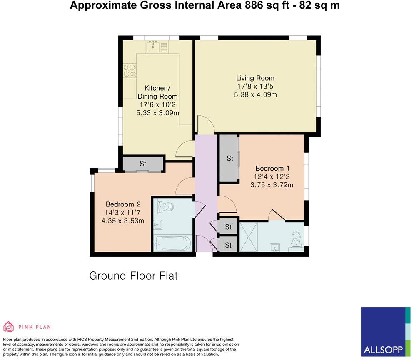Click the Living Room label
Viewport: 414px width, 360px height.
pyautogui.click(x=255, y=78)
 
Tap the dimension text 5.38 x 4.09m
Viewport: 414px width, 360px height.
pyautogui.click(x=255, y=94)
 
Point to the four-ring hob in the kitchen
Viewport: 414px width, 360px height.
pyautogui.click(x=130, y=70)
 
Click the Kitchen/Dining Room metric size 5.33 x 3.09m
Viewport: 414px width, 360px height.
pyautogui.click(x=157, y=113)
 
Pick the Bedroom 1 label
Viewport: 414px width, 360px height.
pyautogui.click(x=272, y=168)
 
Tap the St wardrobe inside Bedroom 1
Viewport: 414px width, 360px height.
pyautogui.click(x=229, y=159)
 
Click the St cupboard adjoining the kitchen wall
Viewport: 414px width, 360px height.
pyautogui.click(x=142, y=164)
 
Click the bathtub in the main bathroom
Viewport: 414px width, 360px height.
pyautogui.click(x=173, y=243)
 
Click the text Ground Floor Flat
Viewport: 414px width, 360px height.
pyautogui.click(x=133, y=276)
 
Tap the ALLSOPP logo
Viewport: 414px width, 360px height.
pyautogui.click(x=383, y=331)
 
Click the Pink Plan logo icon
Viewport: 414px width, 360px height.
pyautogui.click(x=8, y=327)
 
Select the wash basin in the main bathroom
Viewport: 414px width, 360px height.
pyautogui.click(x=157, y=225)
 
